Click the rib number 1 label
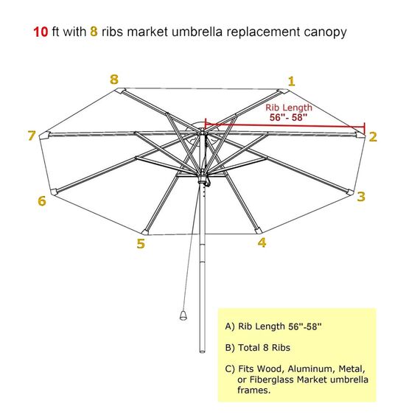tap(292, 81)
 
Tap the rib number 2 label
tap(373, 136)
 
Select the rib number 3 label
tap(361, 196)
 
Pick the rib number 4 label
tap(262, 242)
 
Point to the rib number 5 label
tap(141, 243)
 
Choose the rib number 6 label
tap(42, 200)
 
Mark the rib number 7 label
tap(31, 136)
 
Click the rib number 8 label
tap(113, 79)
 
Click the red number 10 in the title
tap(41, 32)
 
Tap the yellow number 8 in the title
tap(94, 32)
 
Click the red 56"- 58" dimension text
tap(288, 117)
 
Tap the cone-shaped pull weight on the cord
tap(181, 316)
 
